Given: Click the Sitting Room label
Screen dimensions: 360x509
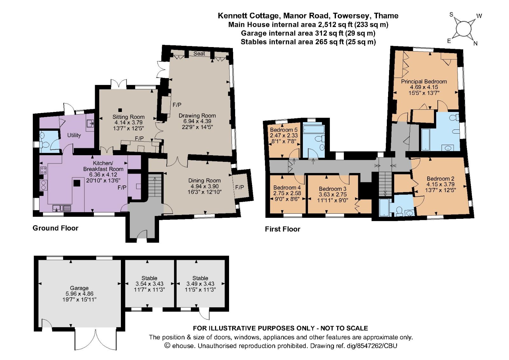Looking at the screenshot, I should point(128,117).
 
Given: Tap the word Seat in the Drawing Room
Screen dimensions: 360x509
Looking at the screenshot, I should point(199,54).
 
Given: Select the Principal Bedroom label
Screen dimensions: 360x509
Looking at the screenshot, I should point(424,82).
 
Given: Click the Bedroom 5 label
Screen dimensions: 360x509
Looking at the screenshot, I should point(283,130).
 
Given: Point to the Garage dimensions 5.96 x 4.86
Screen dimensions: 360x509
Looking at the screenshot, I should point(79,294).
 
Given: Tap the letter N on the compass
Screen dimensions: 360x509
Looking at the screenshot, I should point(475,44).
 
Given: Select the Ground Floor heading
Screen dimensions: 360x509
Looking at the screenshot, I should point(55,228).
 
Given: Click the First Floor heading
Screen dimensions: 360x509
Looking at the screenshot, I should point(282,229).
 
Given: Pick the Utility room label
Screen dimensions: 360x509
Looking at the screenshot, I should point(74,135).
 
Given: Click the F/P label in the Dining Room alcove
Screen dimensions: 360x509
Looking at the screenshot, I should point(240,187).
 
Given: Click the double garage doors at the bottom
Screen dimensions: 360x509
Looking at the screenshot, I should point(95,340).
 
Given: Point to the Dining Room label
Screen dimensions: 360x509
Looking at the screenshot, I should point(204,181).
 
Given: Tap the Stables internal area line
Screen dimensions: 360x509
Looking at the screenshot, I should point(308,42).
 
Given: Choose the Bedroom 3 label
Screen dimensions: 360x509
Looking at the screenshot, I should point(332,189).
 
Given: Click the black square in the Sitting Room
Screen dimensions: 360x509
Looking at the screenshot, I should point(121,110).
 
